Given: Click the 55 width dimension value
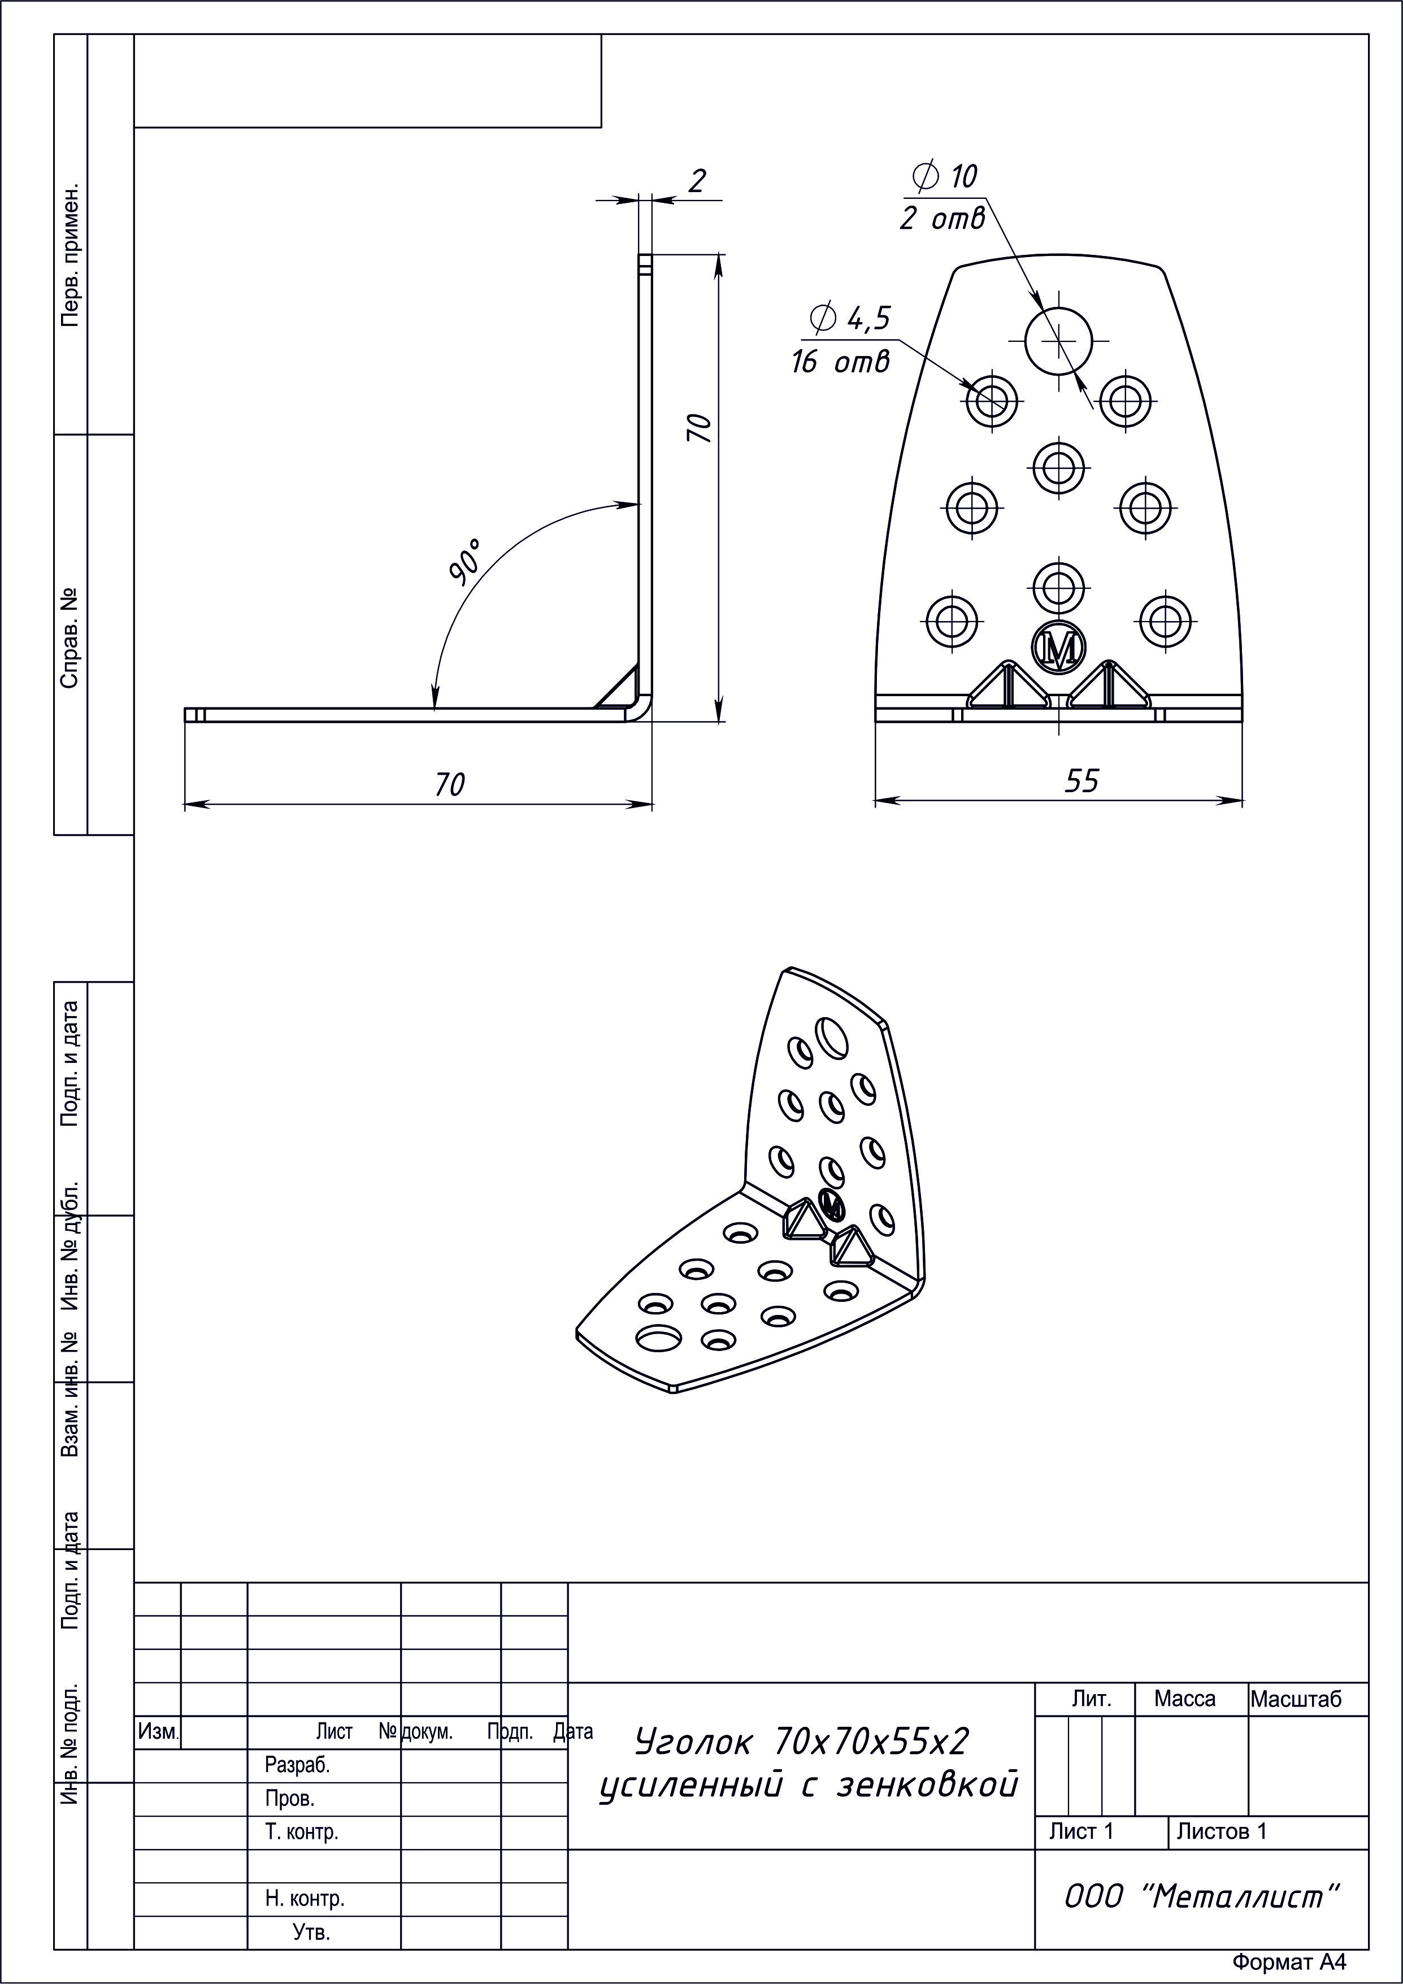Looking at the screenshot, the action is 1081,781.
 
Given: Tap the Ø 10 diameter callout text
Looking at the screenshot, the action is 944,176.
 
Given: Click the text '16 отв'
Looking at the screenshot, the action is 840,361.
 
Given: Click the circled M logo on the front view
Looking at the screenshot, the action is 1059,646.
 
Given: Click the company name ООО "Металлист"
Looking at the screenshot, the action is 1201,1897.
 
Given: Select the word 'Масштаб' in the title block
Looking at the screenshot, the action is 1296,1700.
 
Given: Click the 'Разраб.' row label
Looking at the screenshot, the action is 297,1765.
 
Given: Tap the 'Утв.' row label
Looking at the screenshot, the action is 311,1932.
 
